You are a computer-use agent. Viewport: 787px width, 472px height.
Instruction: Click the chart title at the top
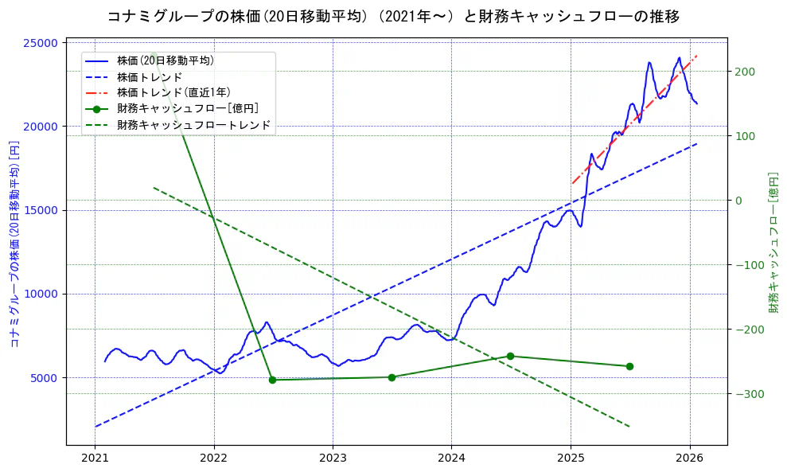pyautogui.click(x=393, y=16)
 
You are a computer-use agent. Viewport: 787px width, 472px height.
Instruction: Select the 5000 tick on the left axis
pyautogui.click(x=45, y=377)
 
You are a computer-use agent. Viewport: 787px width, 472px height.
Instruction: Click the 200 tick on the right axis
pyautogui.click(x=744, y=72)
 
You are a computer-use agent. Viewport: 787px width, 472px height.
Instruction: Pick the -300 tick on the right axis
pyautogui.click(x=746, y=394)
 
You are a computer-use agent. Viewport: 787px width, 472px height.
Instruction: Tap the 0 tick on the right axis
pyautogui.click(x=738, y=201)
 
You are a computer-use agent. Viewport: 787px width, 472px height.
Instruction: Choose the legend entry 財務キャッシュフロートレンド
pyautogui.click(x=193, y=125)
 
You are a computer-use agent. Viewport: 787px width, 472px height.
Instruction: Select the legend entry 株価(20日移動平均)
pyautogui.click(x=165, y=60)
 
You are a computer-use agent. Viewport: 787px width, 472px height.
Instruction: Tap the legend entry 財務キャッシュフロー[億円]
pyautogui.click(x=187, y=109)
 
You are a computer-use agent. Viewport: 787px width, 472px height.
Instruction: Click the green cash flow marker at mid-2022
pyautogui.click(x=272, y=380)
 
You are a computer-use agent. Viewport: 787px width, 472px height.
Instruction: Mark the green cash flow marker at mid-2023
pyautogui.click(x=392, y=377)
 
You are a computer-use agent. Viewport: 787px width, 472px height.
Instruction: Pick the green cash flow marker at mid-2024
pyautogui.click(x=510, y=356)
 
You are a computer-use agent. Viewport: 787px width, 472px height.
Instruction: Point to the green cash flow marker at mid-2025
pyautogui.click(x=629, y=366)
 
